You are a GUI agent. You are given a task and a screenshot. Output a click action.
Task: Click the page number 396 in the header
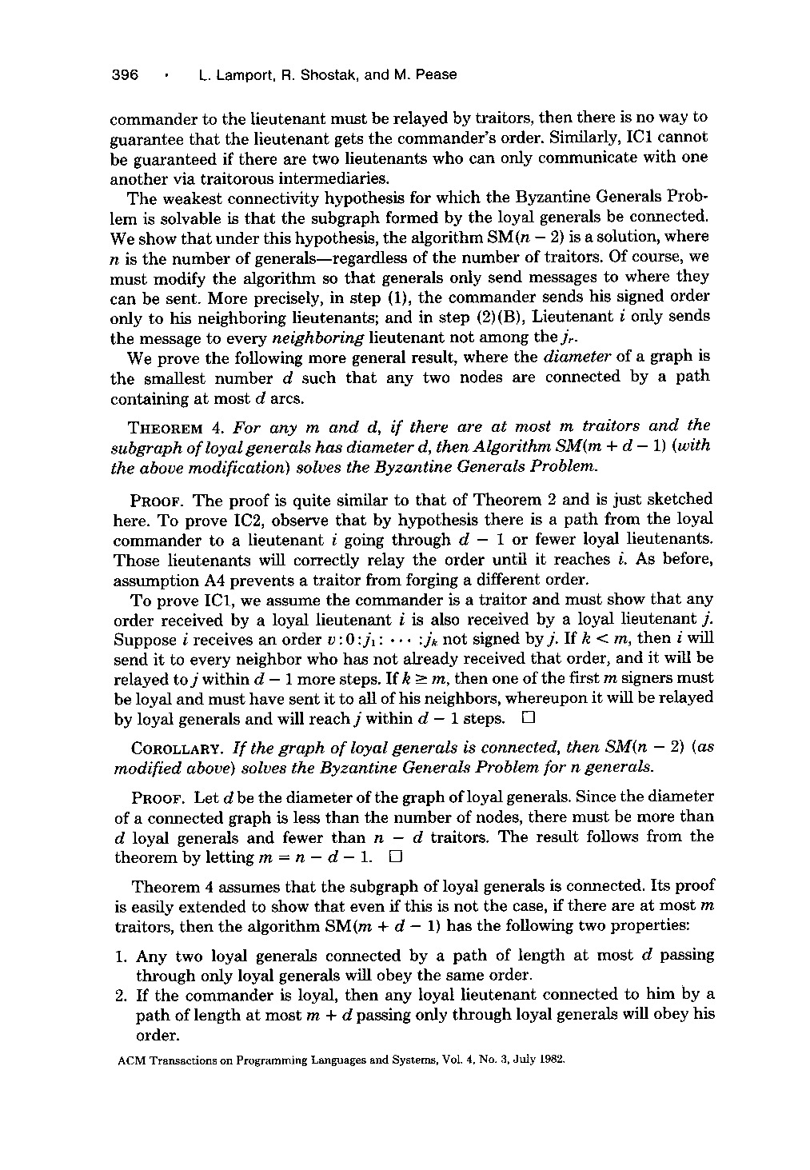(x=125, y=75)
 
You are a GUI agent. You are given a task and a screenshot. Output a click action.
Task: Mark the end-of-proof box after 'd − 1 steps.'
(x=527, y=718)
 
